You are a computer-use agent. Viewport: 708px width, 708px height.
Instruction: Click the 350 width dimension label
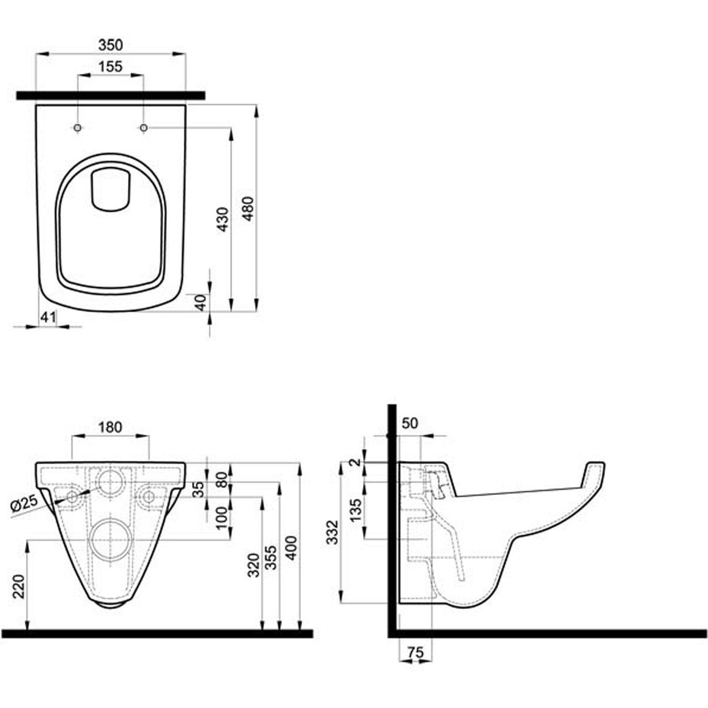pos(111,45)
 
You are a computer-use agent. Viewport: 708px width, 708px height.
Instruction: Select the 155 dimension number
pos(110,67)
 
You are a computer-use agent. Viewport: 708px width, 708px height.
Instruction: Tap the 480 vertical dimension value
pos(248,208)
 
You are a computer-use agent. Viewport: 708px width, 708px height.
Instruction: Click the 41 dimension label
pos(48,317)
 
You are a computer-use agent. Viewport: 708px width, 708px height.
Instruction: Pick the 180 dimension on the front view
pos(110,427)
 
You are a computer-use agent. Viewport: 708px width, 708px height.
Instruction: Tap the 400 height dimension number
pos(292,548)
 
